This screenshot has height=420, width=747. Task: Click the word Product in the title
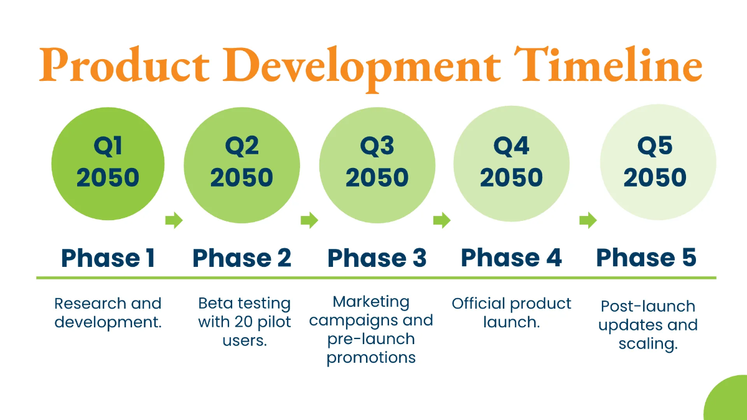(124, 65)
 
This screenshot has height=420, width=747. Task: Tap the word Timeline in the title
(608, 64)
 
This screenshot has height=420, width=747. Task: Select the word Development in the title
(362, 69)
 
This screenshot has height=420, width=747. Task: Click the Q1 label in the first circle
(108, 146)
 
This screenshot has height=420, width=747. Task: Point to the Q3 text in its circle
(377, 146)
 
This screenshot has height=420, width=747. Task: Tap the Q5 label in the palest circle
(655, 146)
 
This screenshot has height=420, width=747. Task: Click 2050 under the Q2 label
(242, 177)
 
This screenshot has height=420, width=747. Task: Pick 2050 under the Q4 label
(511, 177)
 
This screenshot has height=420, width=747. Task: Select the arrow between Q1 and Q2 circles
(174, 220)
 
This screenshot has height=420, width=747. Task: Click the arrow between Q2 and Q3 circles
(309, 220)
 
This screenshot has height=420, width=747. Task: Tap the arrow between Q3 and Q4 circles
(442, 220)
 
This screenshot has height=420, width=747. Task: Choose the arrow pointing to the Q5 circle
(588, 220)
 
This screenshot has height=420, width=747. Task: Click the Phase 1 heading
(108, 258)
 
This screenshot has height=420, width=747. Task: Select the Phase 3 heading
(377, 258)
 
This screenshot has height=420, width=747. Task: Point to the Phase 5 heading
(646, 258)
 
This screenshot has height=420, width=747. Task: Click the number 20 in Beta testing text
(245, 322)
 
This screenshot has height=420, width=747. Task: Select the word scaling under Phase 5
(648, 344)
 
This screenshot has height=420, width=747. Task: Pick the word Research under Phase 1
(91, 304)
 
